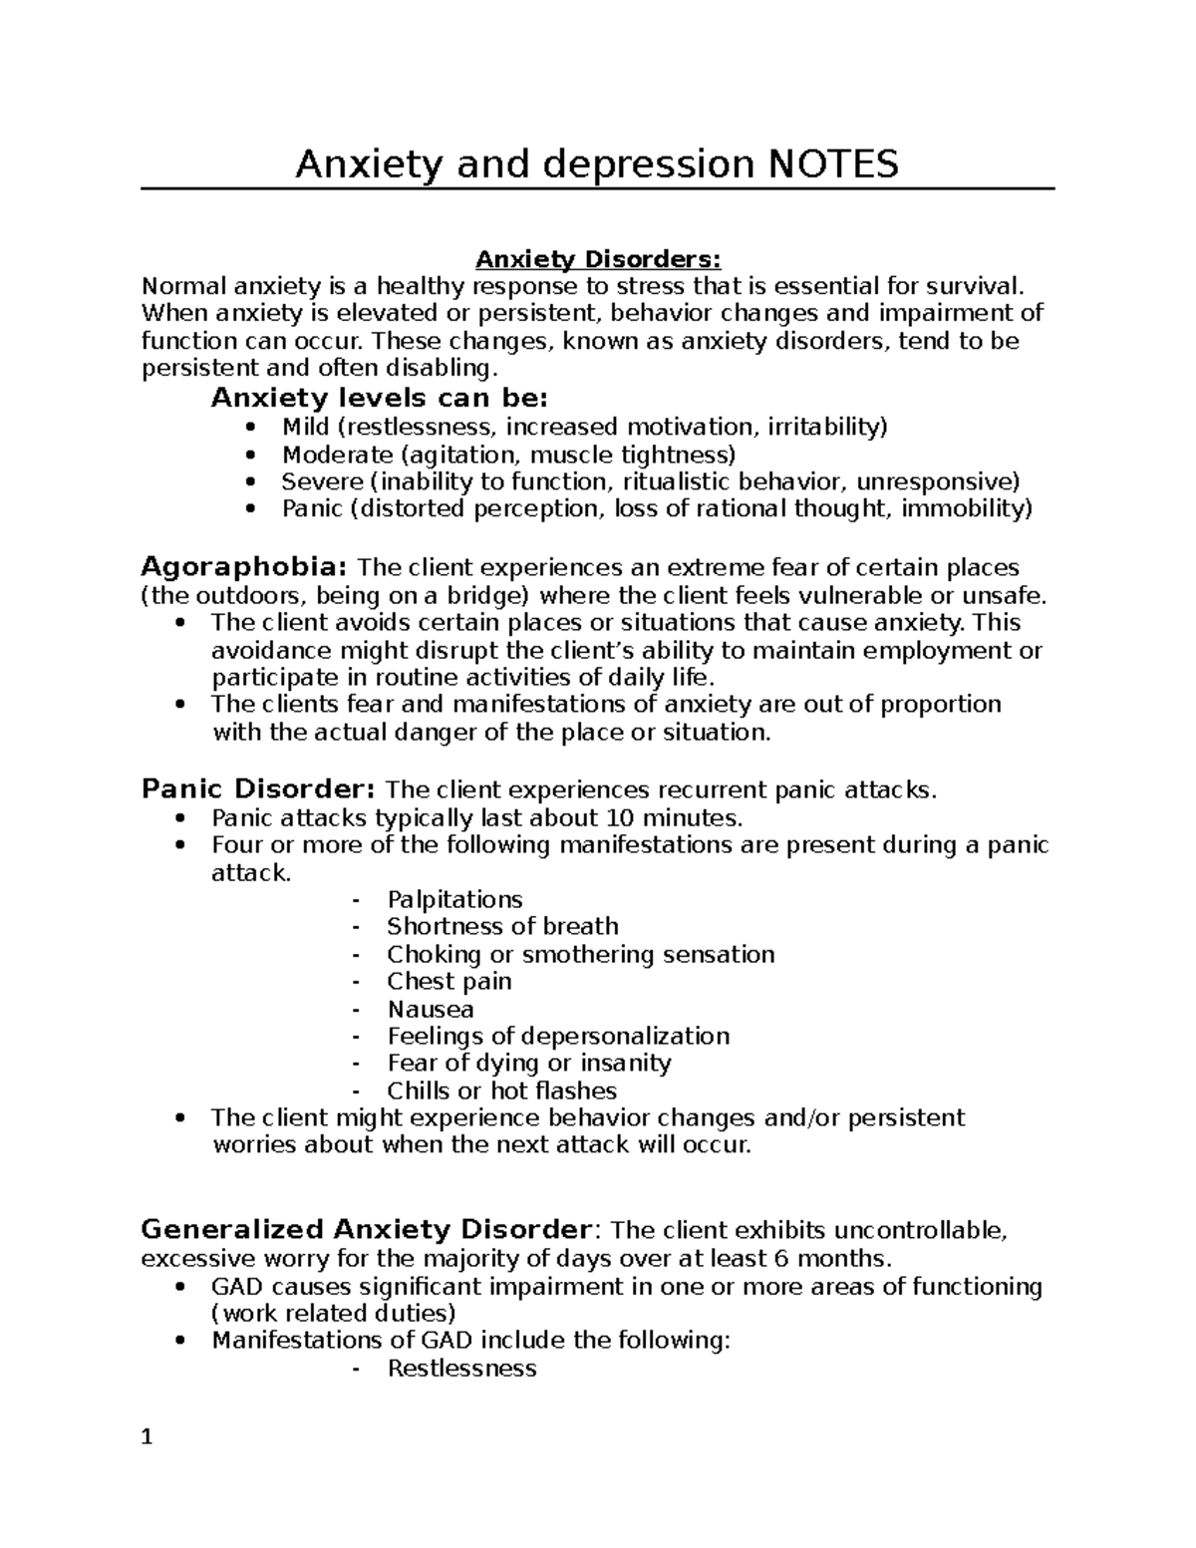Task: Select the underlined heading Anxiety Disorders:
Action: click(x=597, y=260)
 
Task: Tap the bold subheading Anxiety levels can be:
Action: click(x=379, y=399)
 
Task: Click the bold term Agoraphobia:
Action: click(x=244, y=568)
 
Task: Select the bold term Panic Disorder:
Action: click(x=258, y=790)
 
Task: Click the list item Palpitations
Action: click(x=454, y=900)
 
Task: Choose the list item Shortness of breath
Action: click(x=502, y=927)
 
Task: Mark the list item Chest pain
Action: click(x=448, y=982)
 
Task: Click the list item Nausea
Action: click(x=431, y=1009)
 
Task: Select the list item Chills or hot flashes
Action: click(x=501, y=1091)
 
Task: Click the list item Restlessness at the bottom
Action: click(x=461, y=1369)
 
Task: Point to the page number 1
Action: click(x=147, y=1438)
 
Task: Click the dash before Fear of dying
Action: click(x=356, y=1064)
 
